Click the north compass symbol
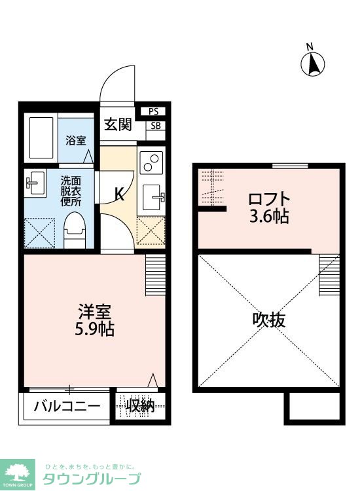314,63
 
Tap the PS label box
153,111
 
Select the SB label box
156,126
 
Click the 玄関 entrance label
117,124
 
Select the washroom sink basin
33,183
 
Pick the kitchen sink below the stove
153,194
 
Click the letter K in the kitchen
120,194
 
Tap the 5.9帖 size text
94,329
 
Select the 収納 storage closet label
141,406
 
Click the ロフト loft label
268,199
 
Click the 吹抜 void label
268,320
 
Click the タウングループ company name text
92,479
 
